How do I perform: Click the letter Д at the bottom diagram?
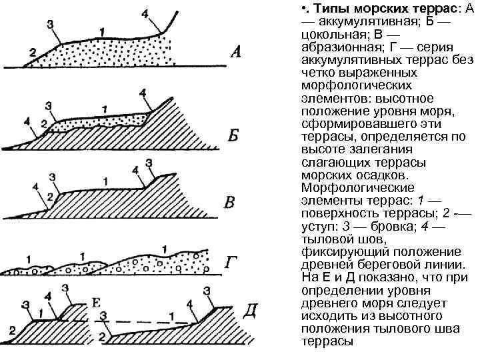[251, 311]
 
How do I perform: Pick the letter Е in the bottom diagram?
[95, 304]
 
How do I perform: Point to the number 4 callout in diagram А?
[145, 14]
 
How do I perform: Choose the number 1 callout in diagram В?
[105, 180]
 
